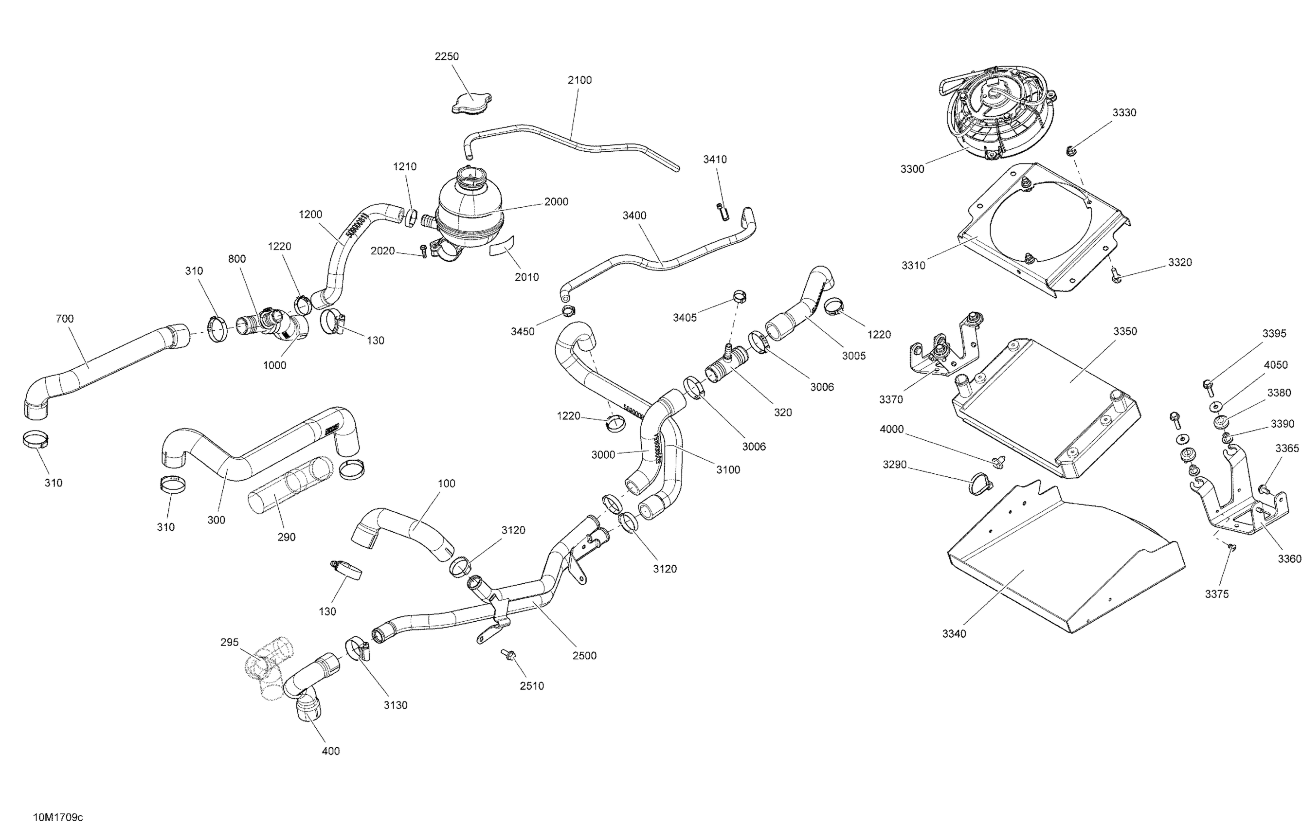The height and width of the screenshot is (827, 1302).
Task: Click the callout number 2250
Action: tap(447, 56)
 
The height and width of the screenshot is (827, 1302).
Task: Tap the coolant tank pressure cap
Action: tap(471, 103)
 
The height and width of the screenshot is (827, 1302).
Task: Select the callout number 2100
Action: tap(579, 80)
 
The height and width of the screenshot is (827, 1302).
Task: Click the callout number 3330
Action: tap(1124, 112)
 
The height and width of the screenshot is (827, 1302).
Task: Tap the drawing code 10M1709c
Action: tap(58, 817)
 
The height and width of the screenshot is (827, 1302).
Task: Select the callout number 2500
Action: tap(584, 656)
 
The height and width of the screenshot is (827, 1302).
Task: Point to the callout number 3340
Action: tap(954, 633)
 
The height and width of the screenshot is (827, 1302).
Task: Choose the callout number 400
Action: tap(330, 751)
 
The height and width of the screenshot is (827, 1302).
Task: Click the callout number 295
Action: tap(229, 642)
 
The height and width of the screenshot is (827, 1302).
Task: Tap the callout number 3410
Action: tap(715, 159)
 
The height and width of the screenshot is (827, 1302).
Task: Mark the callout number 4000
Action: tap(892, 429)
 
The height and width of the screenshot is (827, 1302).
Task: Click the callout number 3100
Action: tap(728, 470)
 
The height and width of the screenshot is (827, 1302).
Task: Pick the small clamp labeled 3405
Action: tap(740, 296)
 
